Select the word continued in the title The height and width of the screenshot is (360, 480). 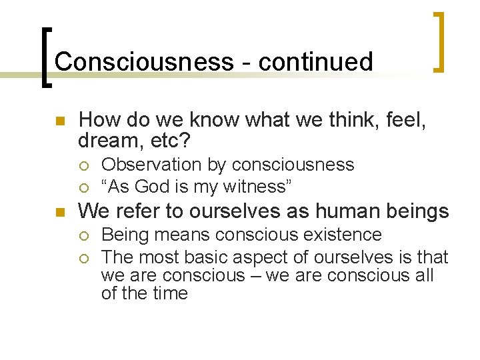click(315, 61)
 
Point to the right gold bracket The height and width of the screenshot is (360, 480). click(439, 41)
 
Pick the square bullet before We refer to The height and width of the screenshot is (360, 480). click(59, 213)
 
